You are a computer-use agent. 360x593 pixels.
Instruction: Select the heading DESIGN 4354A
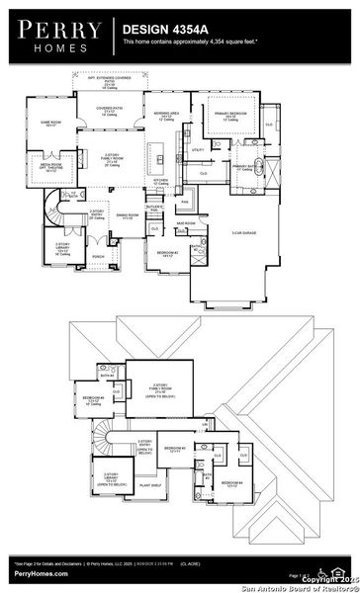164,31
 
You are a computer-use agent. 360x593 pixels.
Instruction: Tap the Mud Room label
187,223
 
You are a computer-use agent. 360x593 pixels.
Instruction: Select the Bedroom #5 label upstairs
94,402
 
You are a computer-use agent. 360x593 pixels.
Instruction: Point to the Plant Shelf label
150,485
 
